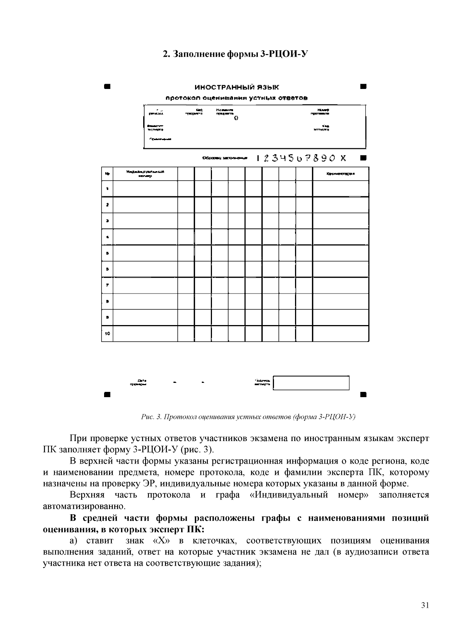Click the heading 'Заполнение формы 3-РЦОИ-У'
coord(235,54)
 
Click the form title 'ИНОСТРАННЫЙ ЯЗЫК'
coord(237,87)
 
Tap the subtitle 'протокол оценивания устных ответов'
coord(237,98)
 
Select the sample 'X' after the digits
coord(343,158)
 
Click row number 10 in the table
coord(107,333)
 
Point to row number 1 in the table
coord(107,188)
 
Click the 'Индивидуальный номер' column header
coord(145,173)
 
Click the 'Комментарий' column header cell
coord(341,173)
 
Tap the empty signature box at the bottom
coord(311,383)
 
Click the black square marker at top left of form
coord(107,87)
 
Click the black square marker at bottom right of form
coord(363,395)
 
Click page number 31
coord(425,605)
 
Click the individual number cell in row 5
coord(145,253)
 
